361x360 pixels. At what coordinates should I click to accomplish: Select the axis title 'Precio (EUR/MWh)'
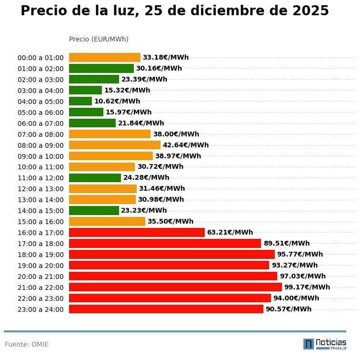(99, 39)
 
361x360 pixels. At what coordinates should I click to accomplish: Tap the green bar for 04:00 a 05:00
(80, 101)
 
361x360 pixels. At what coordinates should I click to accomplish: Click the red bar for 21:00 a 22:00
(175, 287)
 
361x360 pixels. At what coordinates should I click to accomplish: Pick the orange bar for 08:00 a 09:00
(115, 145)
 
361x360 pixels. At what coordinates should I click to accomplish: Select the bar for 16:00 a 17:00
(137, 232)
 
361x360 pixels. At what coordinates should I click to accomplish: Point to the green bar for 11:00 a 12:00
(95, 178)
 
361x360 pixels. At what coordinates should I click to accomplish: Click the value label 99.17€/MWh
(307, 287)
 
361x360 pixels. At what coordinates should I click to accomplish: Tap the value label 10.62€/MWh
(117, 101)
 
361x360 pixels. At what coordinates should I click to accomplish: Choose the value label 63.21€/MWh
(230, 232)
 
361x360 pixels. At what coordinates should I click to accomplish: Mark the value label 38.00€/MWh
(176, 134)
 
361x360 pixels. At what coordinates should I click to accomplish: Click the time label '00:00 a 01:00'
(40, 58)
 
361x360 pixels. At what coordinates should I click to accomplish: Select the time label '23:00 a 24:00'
(40, 309)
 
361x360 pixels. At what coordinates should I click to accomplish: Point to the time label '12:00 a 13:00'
(40, 189)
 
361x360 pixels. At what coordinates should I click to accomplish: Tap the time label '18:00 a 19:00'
(40, 255)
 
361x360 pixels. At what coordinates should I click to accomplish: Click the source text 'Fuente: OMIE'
(27, 344)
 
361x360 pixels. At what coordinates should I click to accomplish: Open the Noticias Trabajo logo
(325, 344)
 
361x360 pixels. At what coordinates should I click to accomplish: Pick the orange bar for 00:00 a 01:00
(105, 58)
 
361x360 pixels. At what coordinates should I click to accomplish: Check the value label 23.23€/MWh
(144, 210)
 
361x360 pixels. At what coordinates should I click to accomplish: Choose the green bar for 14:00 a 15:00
(94, 211)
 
